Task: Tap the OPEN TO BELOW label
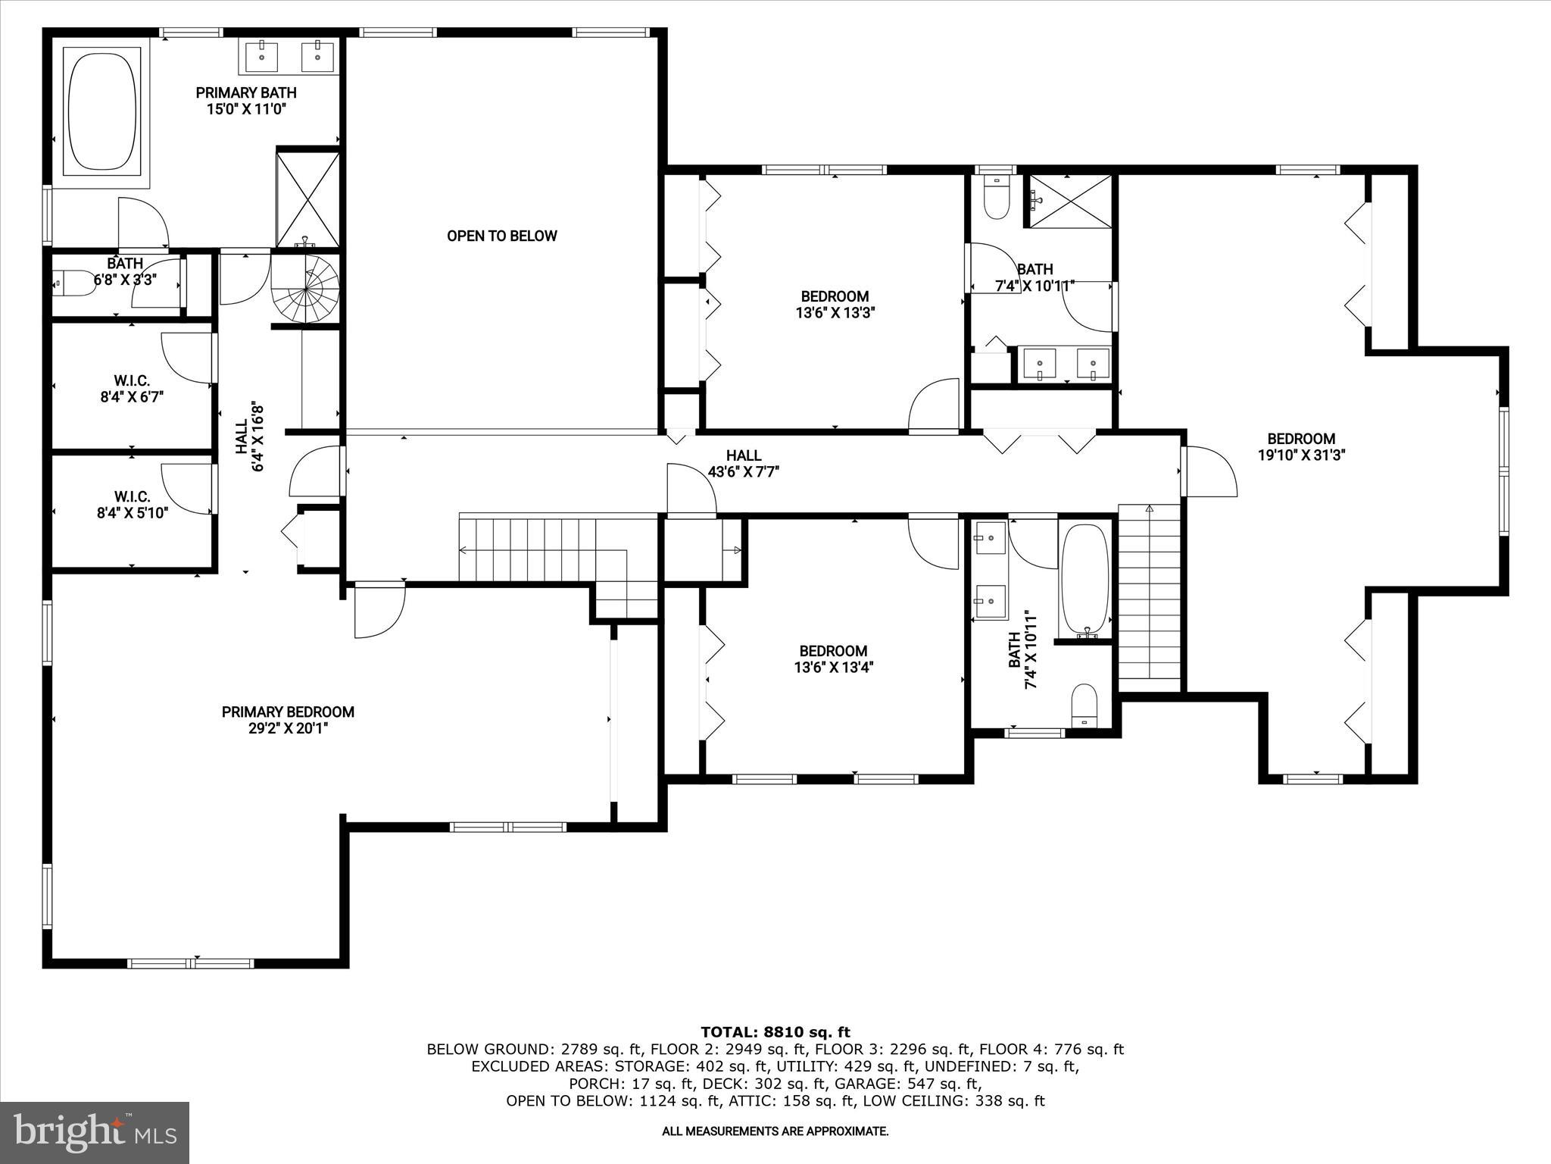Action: pos(501,236)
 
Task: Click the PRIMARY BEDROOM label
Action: pos(288,712)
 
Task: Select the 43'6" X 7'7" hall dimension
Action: pos(743,471)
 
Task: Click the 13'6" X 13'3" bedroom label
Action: pos(835,305)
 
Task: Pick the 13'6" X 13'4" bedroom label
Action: pos(833,659)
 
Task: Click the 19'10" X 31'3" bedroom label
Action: pos(1301,447)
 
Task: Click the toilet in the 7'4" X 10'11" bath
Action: pos(1084,705)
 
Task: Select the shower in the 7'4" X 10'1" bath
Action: pos(1068,200)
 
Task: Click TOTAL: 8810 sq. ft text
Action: pos(775,1032)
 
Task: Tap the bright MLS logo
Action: pos(95,1133)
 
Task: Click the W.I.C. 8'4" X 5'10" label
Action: pos(132,505)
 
